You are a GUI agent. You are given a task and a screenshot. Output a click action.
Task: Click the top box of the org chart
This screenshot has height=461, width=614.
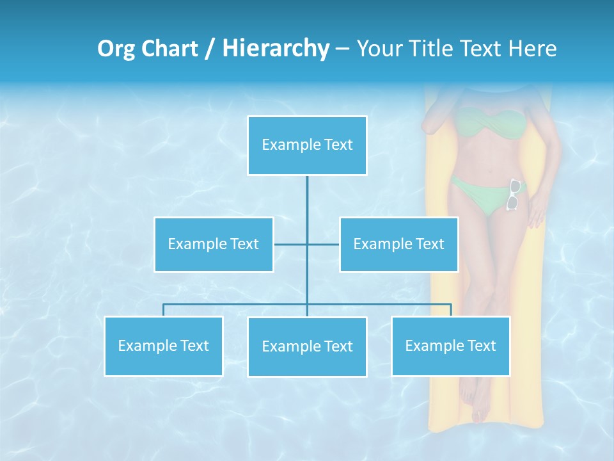[307, 145]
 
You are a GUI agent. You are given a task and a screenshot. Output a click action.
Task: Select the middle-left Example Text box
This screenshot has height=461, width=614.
[214, 245]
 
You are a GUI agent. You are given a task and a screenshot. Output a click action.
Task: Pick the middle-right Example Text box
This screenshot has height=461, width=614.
[398, 245]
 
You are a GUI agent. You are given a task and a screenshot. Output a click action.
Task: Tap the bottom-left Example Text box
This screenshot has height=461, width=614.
[163, 346]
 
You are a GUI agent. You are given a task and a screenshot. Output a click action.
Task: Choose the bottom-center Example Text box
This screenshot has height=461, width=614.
[307, 347]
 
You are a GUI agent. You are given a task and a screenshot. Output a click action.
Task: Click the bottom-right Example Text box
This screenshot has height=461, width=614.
[450, 346]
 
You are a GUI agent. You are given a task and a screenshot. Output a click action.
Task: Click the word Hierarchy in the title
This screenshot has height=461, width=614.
[276, 48]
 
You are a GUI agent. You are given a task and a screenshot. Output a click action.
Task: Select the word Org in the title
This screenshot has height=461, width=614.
[116, 48]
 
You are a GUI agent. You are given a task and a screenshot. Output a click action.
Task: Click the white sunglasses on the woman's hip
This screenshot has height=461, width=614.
[514, 195]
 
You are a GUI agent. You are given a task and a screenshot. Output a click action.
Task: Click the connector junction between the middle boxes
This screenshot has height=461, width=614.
[307, 245]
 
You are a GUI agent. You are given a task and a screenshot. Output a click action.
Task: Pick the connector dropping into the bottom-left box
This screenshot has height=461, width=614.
[163, 310]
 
